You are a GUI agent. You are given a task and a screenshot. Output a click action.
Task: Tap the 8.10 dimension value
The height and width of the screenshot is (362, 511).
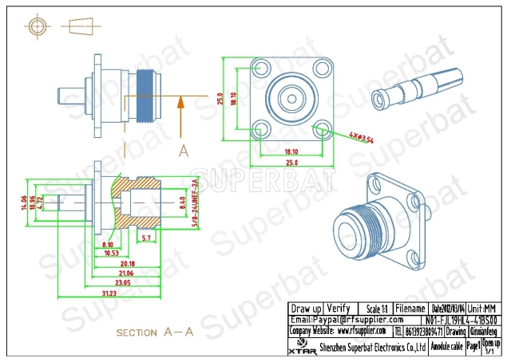(x=109, y=244)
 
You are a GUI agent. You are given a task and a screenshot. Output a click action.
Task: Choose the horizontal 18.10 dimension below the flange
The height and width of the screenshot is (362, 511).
(x=291, y=151)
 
